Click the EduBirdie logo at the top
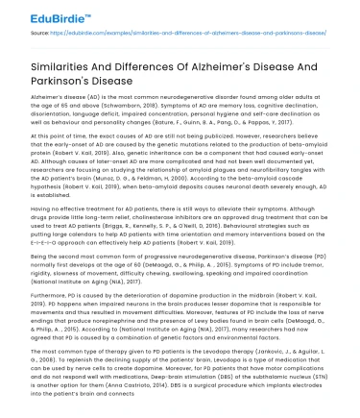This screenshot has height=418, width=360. [42, 14]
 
